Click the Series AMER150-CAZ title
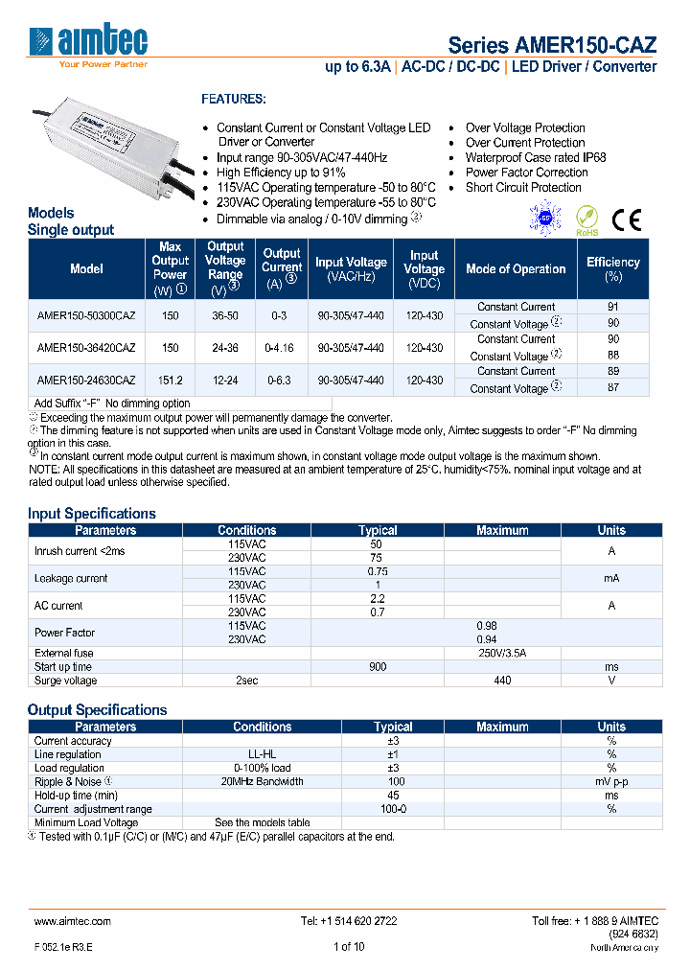pos(553,45)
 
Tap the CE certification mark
pos(627,220)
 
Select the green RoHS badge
pos(586,220)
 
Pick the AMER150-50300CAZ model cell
pos(86,315)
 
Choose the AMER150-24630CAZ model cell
pos(86,380)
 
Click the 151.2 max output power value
pos(170,380)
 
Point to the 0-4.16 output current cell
pos(282,348)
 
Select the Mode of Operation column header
pos(516,269)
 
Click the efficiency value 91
pos(613,307)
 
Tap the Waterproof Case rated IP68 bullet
pos(536,157)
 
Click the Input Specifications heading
pos(92,513)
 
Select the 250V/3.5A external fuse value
pos(502,653)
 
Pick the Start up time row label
pos(63,666)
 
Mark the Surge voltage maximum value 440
pos(502,681)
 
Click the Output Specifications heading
pos(98,709)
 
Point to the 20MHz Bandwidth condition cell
pos(262,781)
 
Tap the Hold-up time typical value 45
pos(393,795)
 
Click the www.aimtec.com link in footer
pos(73,920)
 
